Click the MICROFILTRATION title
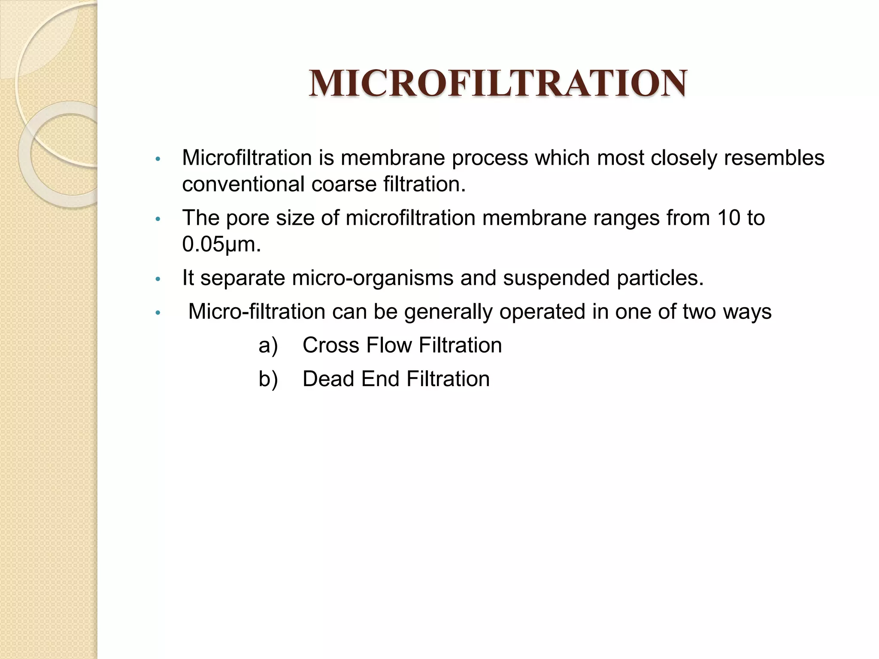pos(497,83)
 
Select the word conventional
pos(243,184)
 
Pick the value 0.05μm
pos(221,245)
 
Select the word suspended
pos(556,278)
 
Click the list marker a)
pos(268,346)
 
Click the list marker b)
pos(268,379)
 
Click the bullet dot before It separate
pos(158,280)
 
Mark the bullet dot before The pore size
pos(158,220)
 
